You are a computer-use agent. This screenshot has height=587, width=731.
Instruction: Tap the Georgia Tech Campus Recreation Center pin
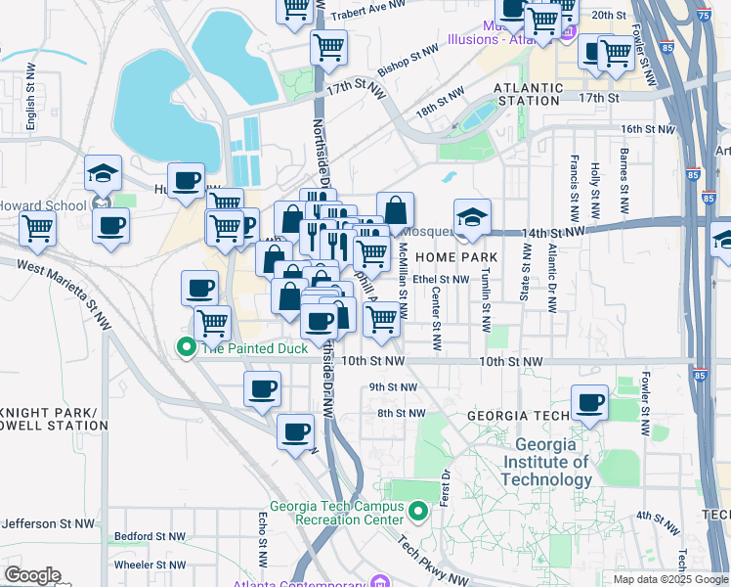(418, 512)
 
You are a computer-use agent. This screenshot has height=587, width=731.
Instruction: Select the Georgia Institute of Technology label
(546, 462)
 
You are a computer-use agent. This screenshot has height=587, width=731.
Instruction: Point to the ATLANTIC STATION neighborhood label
(528, 88)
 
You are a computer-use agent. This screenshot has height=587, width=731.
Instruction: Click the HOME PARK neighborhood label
(456, 257)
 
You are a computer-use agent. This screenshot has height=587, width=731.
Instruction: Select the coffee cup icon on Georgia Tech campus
(590, 403)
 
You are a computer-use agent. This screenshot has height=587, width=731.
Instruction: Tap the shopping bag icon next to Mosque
(395, 209)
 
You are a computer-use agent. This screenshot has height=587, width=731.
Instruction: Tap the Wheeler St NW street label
(149, 565)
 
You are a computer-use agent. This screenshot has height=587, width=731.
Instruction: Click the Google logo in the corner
(32, 575)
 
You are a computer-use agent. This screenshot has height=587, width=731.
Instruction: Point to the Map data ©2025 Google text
(670, 579)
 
